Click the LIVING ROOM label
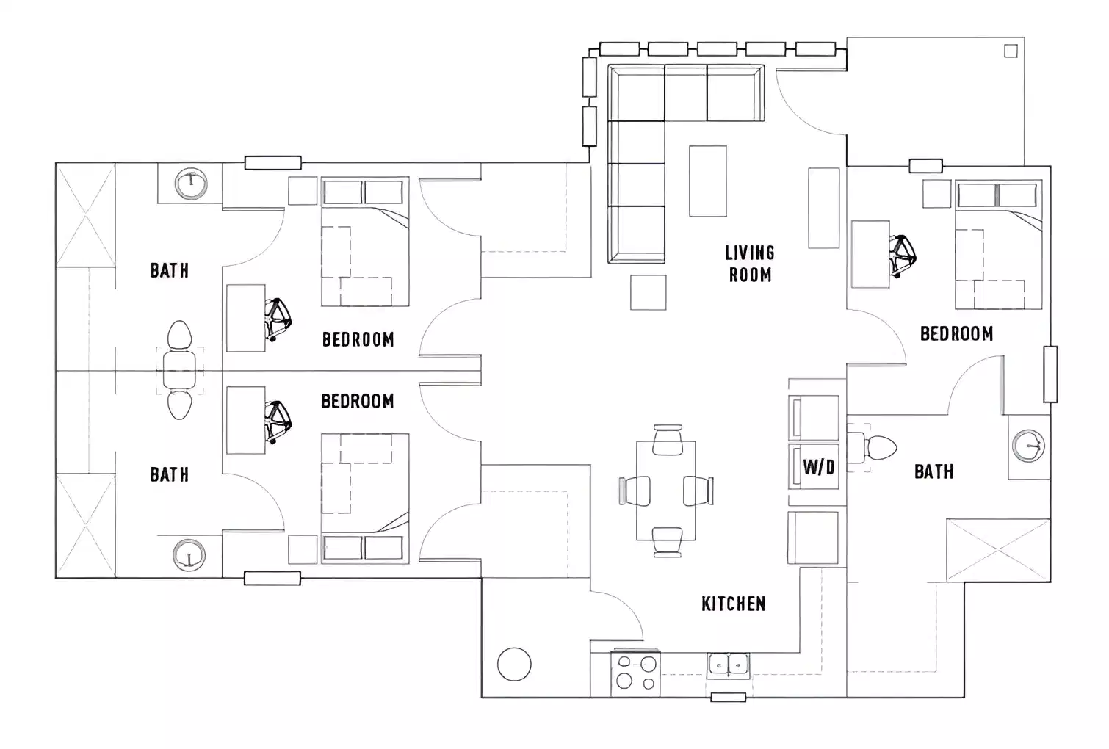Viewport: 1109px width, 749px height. pyautogui.click(x=749, y=264)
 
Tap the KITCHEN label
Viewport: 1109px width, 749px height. pyautogui.click(x=733, y=604)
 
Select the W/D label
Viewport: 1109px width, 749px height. pyautogui.click(x=818, y=466)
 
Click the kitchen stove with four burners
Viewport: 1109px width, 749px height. pyautogui.click(x=636, y=673)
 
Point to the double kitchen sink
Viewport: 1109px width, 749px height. pyautogui.click(x=728, y=665)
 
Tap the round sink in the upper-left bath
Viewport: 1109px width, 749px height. pyautogui.click(x=191, y=184)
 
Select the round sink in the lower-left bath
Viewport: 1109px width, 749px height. pyautogui.click(x=189, y=554)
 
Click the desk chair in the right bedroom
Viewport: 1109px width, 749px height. pyautogui.click(x=902, y=254)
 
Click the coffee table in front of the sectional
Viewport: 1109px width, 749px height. pyautogui.click(x=707, y=180)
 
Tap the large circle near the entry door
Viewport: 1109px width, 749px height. pyautogui.click(x=514, y=664)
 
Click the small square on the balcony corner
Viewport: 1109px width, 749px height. pyautogui.click(x=1011, y=51)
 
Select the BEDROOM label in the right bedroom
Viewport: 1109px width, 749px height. pyautogui.click(x=956, y=333)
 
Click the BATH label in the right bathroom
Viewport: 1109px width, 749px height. pyautogui.click(x=933, y=471)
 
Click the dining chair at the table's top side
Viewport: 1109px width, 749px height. pyautogui.click(x=667, y=440)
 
